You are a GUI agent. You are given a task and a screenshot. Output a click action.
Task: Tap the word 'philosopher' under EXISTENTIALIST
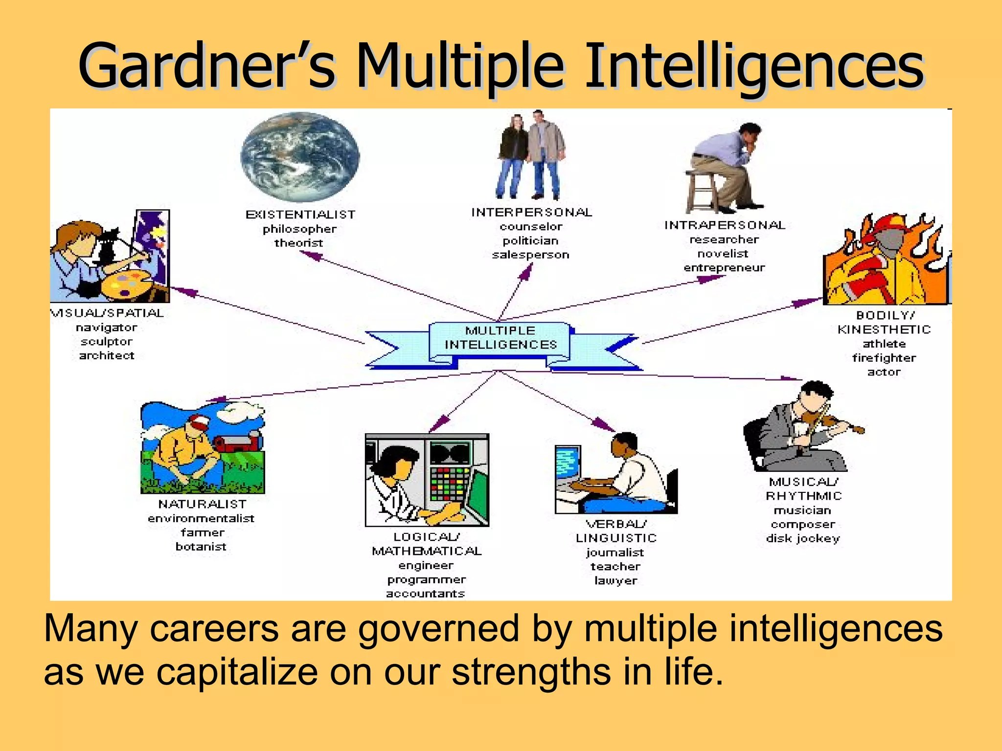tap(299, 229)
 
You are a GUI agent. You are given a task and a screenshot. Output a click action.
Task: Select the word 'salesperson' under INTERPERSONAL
tap(530, 255)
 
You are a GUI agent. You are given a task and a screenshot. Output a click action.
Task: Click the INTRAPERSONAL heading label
tap(725, 225)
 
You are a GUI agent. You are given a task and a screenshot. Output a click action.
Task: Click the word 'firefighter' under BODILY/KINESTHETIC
tap(884, 358)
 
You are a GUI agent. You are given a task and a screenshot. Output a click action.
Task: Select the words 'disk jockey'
tap(802, 538)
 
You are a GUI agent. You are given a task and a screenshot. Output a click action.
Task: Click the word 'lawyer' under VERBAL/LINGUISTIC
tap(615, 580)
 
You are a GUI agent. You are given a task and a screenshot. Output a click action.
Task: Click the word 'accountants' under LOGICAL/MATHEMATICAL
tap(425, 594)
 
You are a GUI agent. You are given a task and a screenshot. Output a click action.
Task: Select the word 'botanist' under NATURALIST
tap(201, 547)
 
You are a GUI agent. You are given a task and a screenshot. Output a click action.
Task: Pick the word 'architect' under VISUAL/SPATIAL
tap(107, 355)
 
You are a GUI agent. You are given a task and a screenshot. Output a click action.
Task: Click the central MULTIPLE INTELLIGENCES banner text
tap(501, 338)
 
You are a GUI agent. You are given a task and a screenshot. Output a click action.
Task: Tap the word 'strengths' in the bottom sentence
tap(531, 671)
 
